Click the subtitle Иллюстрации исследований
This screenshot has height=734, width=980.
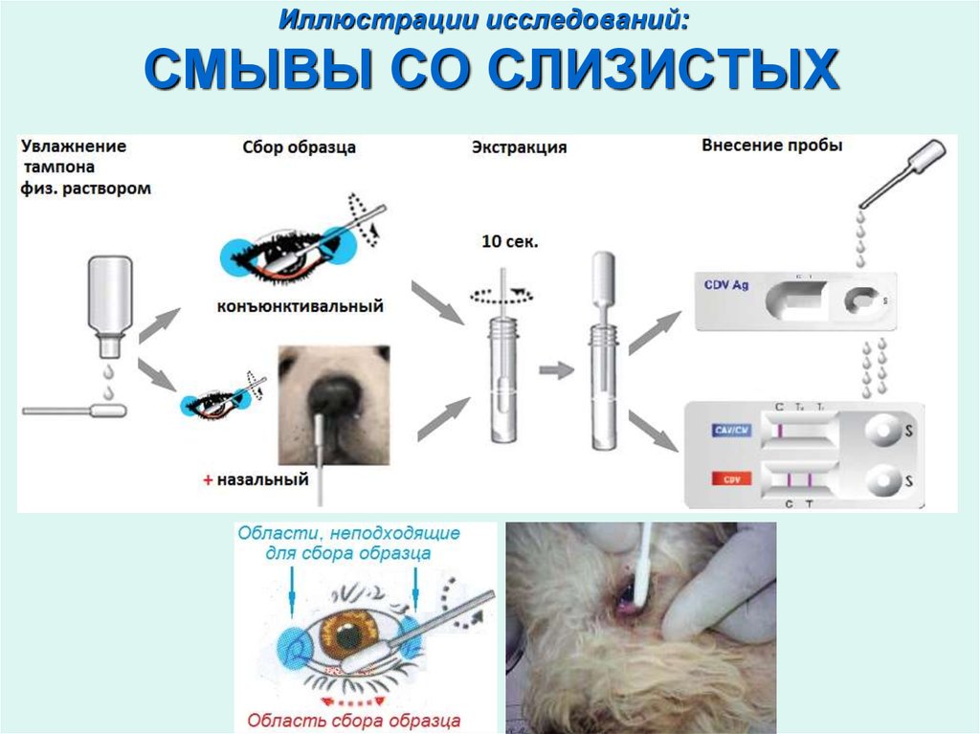[x=489, y=19]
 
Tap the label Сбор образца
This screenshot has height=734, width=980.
[x=299, y=148]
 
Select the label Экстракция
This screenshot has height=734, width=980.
[x=519, y=148]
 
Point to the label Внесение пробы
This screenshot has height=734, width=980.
[x=771, y=146]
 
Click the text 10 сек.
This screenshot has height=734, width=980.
[x=509, y=242]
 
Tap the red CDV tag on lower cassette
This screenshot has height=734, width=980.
[x=731, y=478]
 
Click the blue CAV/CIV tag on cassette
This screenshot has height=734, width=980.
[x=732, y=430]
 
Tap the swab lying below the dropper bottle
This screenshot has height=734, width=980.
[x=75, y=411]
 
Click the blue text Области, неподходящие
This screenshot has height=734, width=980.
[x=348, y=533]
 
